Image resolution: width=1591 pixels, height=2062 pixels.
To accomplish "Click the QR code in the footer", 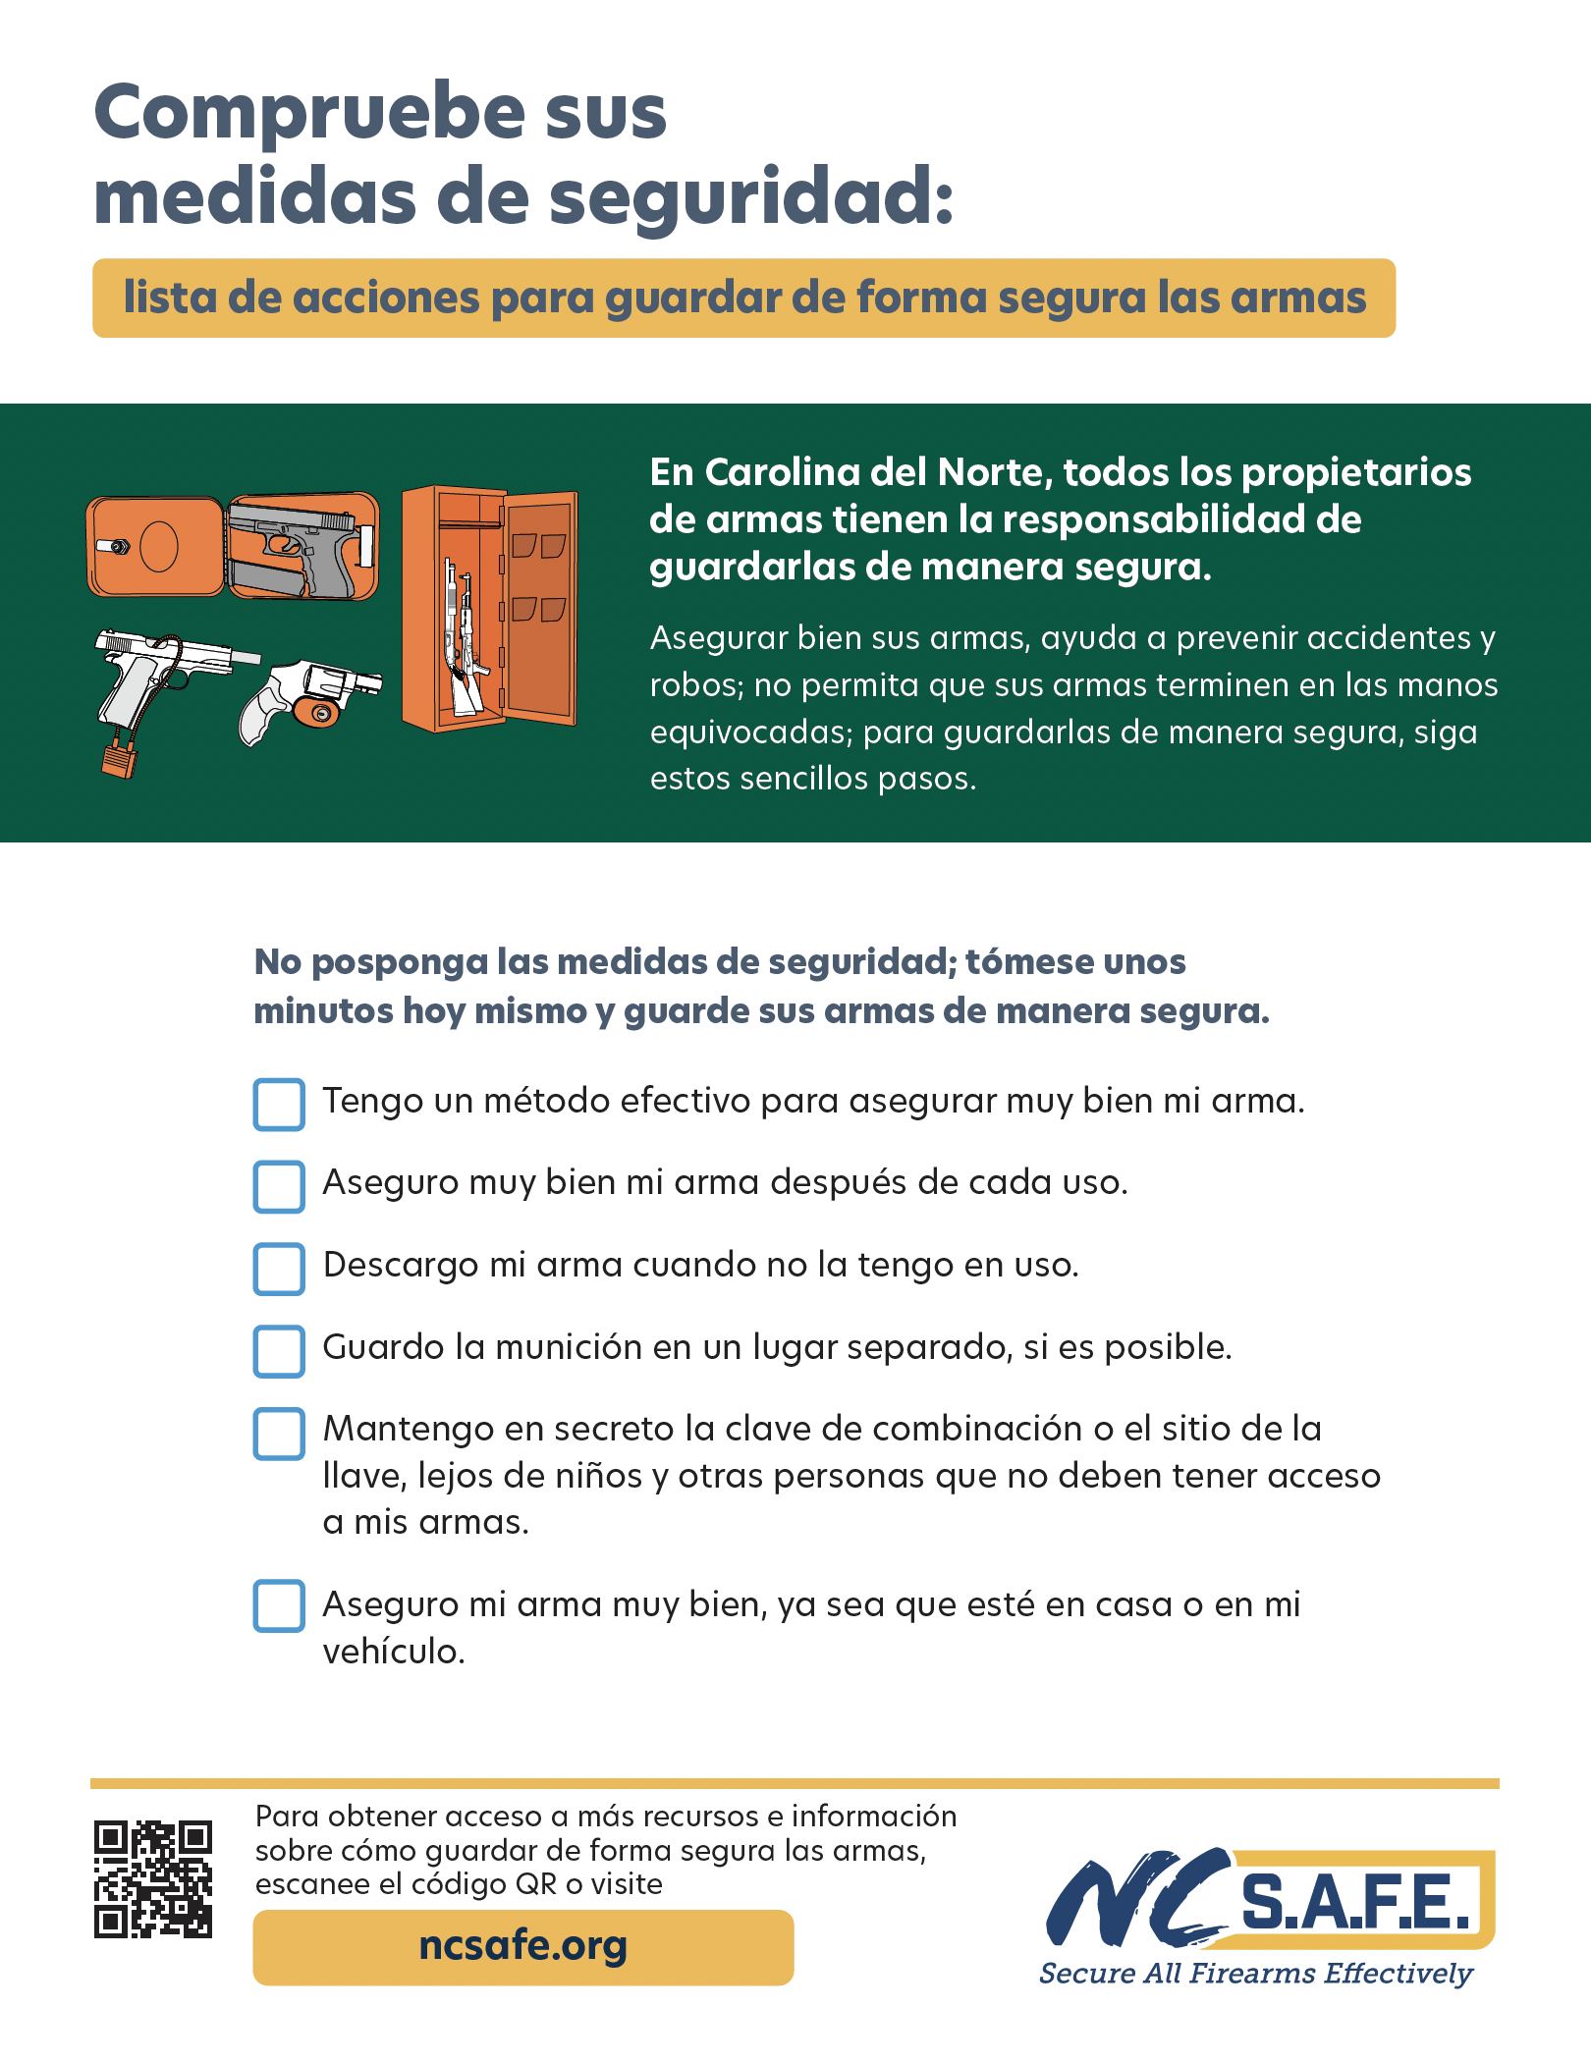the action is [x=153, y=1879].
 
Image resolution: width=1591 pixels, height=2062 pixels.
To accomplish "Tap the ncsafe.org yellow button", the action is [x=523, y=1947].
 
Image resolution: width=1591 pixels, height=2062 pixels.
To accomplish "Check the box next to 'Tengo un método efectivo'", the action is [x=279, y=1105].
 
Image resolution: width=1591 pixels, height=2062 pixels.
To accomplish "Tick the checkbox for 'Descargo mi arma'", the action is [x=279, y=1269].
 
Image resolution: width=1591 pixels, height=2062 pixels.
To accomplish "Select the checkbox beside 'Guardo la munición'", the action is [x=279, y=1351].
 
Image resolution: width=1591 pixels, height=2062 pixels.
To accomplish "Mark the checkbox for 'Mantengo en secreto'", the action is [x=279, y=1434].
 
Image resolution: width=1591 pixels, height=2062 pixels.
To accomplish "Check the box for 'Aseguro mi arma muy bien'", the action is [x=279, y=1605].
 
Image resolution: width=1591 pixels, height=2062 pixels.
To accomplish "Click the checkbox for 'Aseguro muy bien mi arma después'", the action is [x=279, y=1187].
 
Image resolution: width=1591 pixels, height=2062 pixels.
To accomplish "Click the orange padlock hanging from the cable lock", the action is [x=119, y=761].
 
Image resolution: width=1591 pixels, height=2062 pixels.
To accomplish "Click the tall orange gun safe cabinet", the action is [x=489, y=609].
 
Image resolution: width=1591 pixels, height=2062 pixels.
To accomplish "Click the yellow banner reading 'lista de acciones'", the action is [x=743, y=298].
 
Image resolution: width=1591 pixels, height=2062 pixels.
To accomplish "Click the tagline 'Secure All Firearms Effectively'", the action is [x=1256, y=1974].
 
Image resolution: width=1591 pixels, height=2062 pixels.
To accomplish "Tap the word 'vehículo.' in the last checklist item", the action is [x=394, y=1653].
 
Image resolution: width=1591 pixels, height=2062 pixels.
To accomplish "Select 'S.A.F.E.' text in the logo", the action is [x=1355, y=1903].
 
